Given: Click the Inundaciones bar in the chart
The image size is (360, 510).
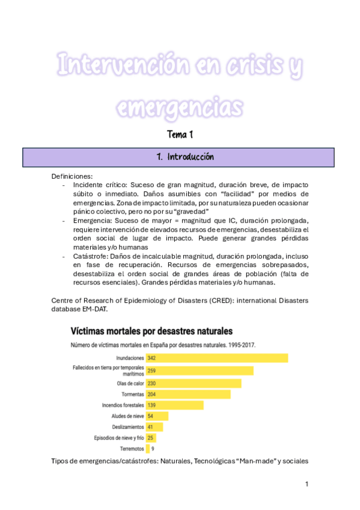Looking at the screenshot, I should [216, 358].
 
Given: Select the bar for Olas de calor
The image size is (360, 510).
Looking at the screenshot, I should [193, 383].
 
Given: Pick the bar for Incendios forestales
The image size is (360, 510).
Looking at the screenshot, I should [174, 405].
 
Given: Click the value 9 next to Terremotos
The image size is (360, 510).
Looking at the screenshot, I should [153, 449].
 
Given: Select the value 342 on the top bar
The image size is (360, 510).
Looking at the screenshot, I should [152, 358].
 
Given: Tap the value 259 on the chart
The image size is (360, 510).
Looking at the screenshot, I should [152, 370].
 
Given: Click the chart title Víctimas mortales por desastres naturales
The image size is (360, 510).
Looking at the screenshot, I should [151, 331].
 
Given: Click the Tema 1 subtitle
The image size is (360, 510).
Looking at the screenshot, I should [180, 135].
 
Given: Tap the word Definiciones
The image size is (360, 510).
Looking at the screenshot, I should [72, 176].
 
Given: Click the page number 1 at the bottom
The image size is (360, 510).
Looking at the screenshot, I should [307, 484].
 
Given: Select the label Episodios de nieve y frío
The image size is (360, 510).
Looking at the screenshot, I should [120, 438].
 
